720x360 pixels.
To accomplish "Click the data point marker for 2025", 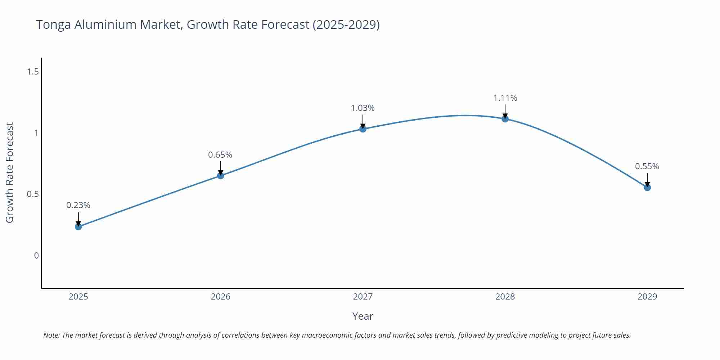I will [x=78, y=226].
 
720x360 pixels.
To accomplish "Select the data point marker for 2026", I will [x=221, y=176].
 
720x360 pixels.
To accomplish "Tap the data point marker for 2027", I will [x=363, y=129].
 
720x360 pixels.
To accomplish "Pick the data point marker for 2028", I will [x=505, y=119].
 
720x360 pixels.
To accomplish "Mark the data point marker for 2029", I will [x=647, y=188].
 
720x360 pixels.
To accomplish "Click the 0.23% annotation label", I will [x=78, y=205].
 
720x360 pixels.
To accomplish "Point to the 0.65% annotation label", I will [x=220, y=155].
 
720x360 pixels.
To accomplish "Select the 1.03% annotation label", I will [x=363, y=108].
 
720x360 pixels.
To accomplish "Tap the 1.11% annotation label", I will [x=505, y=98].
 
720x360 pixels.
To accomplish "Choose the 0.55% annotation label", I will [x=647, y=166].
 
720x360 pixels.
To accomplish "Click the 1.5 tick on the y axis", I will [x=33, y=72].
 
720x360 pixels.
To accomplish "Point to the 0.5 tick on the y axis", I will [x=33, y=194].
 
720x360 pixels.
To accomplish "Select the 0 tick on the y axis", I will [x=36, y=256].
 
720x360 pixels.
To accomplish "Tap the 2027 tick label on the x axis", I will [x=363, y=297].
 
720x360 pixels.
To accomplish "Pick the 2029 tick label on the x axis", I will [x=647, y=297].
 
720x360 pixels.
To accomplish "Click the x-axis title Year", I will [x=363, y=316].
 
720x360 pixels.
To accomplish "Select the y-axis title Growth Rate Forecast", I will [x=10, y=173].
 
